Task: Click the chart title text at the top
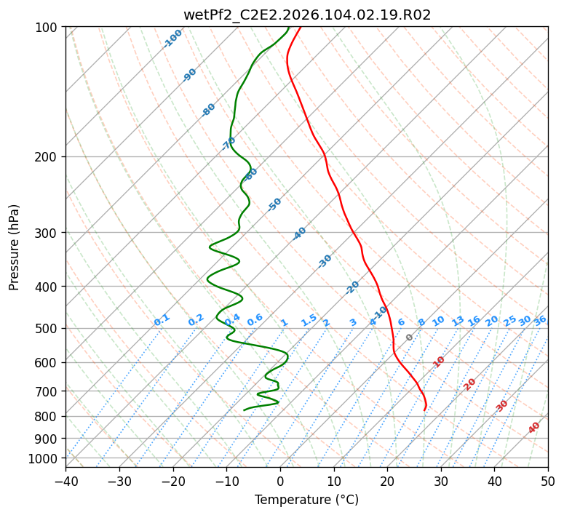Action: pos(307,15)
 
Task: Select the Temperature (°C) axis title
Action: pos(306,500)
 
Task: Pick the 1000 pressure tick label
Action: pos(43,458)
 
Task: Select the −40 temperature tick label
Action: pos(65,481)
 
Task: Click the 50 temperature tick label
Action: pos(548,481)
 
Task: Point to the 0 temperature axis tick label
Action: pos(280,481)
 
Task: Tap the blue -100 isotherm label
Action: pos(172,38)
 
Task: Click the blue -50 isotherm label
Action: pos(274,204)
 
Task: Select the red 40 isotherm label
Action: pos(534,428)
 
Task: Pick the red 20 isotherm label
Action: pos(470,383)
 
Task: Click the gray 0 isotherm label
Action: pos(409,338)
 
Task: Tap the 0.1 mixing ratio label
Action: pos(162,320)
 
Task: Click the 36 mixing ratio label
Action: pos(540,320)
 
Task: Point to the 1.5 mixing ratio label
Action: pos(309,320)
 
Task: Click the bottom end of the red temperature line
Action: pos(424,410)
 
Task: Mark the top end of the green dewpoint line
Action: pos(288,28)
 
